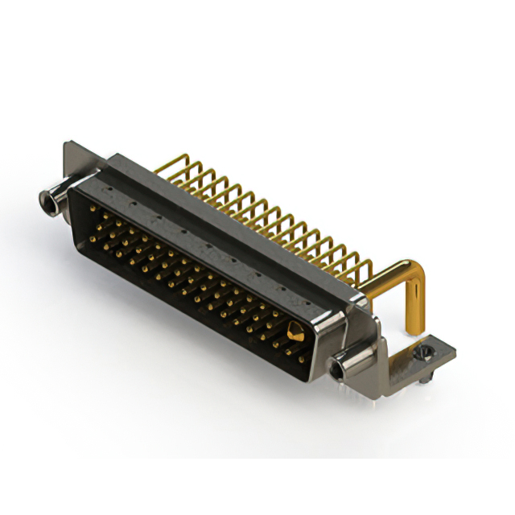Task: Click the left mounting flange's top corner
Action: (67, 145)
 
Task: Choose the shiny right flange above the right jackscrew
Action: (358, 322)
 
